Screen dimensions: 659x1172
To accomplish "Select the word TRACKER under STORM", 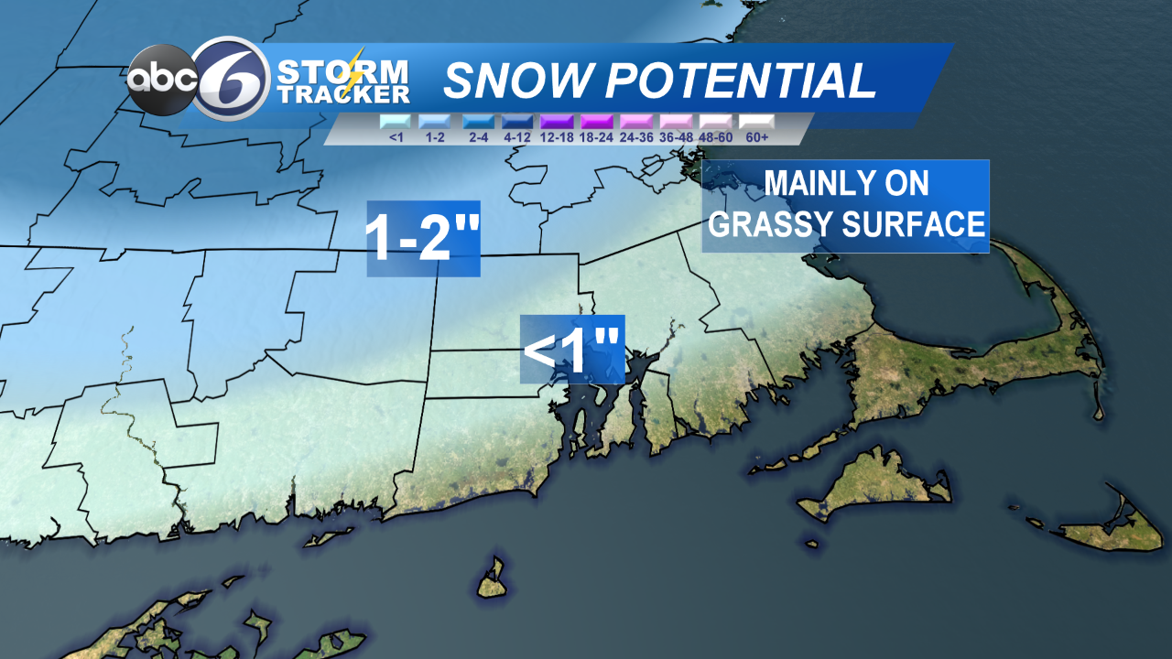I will (x=342, y=94).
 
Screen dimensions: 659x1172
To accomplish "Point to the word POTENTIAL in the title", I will (x=739, y=81).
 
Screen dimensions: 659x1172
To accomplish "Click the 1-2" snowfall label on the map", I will (x=423, y=239).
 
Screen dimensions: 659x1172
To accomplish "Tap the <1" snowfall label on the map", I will (x=572, y=349).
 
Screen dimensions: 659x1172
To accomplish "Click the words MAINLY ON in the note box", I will (x=846, y=183).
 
